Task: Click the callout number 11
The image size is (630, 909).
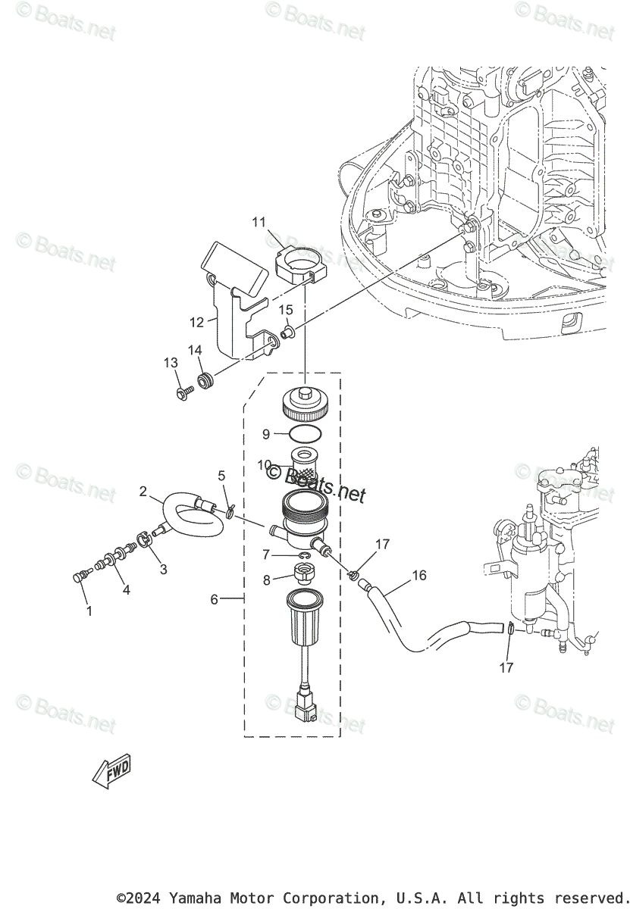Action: tap(259, 222)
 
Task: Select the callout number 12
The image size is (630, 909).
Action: tap(196, 322)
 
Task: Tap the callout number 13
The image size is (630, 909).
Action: tap(170, 364)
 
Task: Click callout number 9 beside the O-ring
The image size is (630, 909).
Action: tap(266, 434)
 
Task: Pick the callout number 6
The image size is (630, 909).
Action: tap(215, 599)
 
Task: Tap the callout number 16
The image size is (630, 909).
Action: tap(419, 576)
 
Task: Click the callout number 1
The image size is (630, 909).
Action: tap(89, 611)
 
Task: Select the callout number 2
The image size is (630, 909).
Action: tap(143, 492)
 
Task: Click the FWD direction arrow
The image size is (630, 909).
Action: tap(111, 773)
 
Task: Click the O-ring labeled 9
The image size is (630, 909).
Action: tap(305, 433)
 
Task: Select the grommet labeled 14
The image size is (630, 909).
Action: tap(204, 380)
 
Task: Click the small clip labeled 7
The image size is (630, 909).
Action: tap(303, 558)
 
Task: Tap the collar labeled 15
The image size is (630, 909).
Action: tap(287, 332)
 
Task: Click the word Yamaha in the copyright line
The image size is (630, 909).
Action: tap(192, 898)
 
